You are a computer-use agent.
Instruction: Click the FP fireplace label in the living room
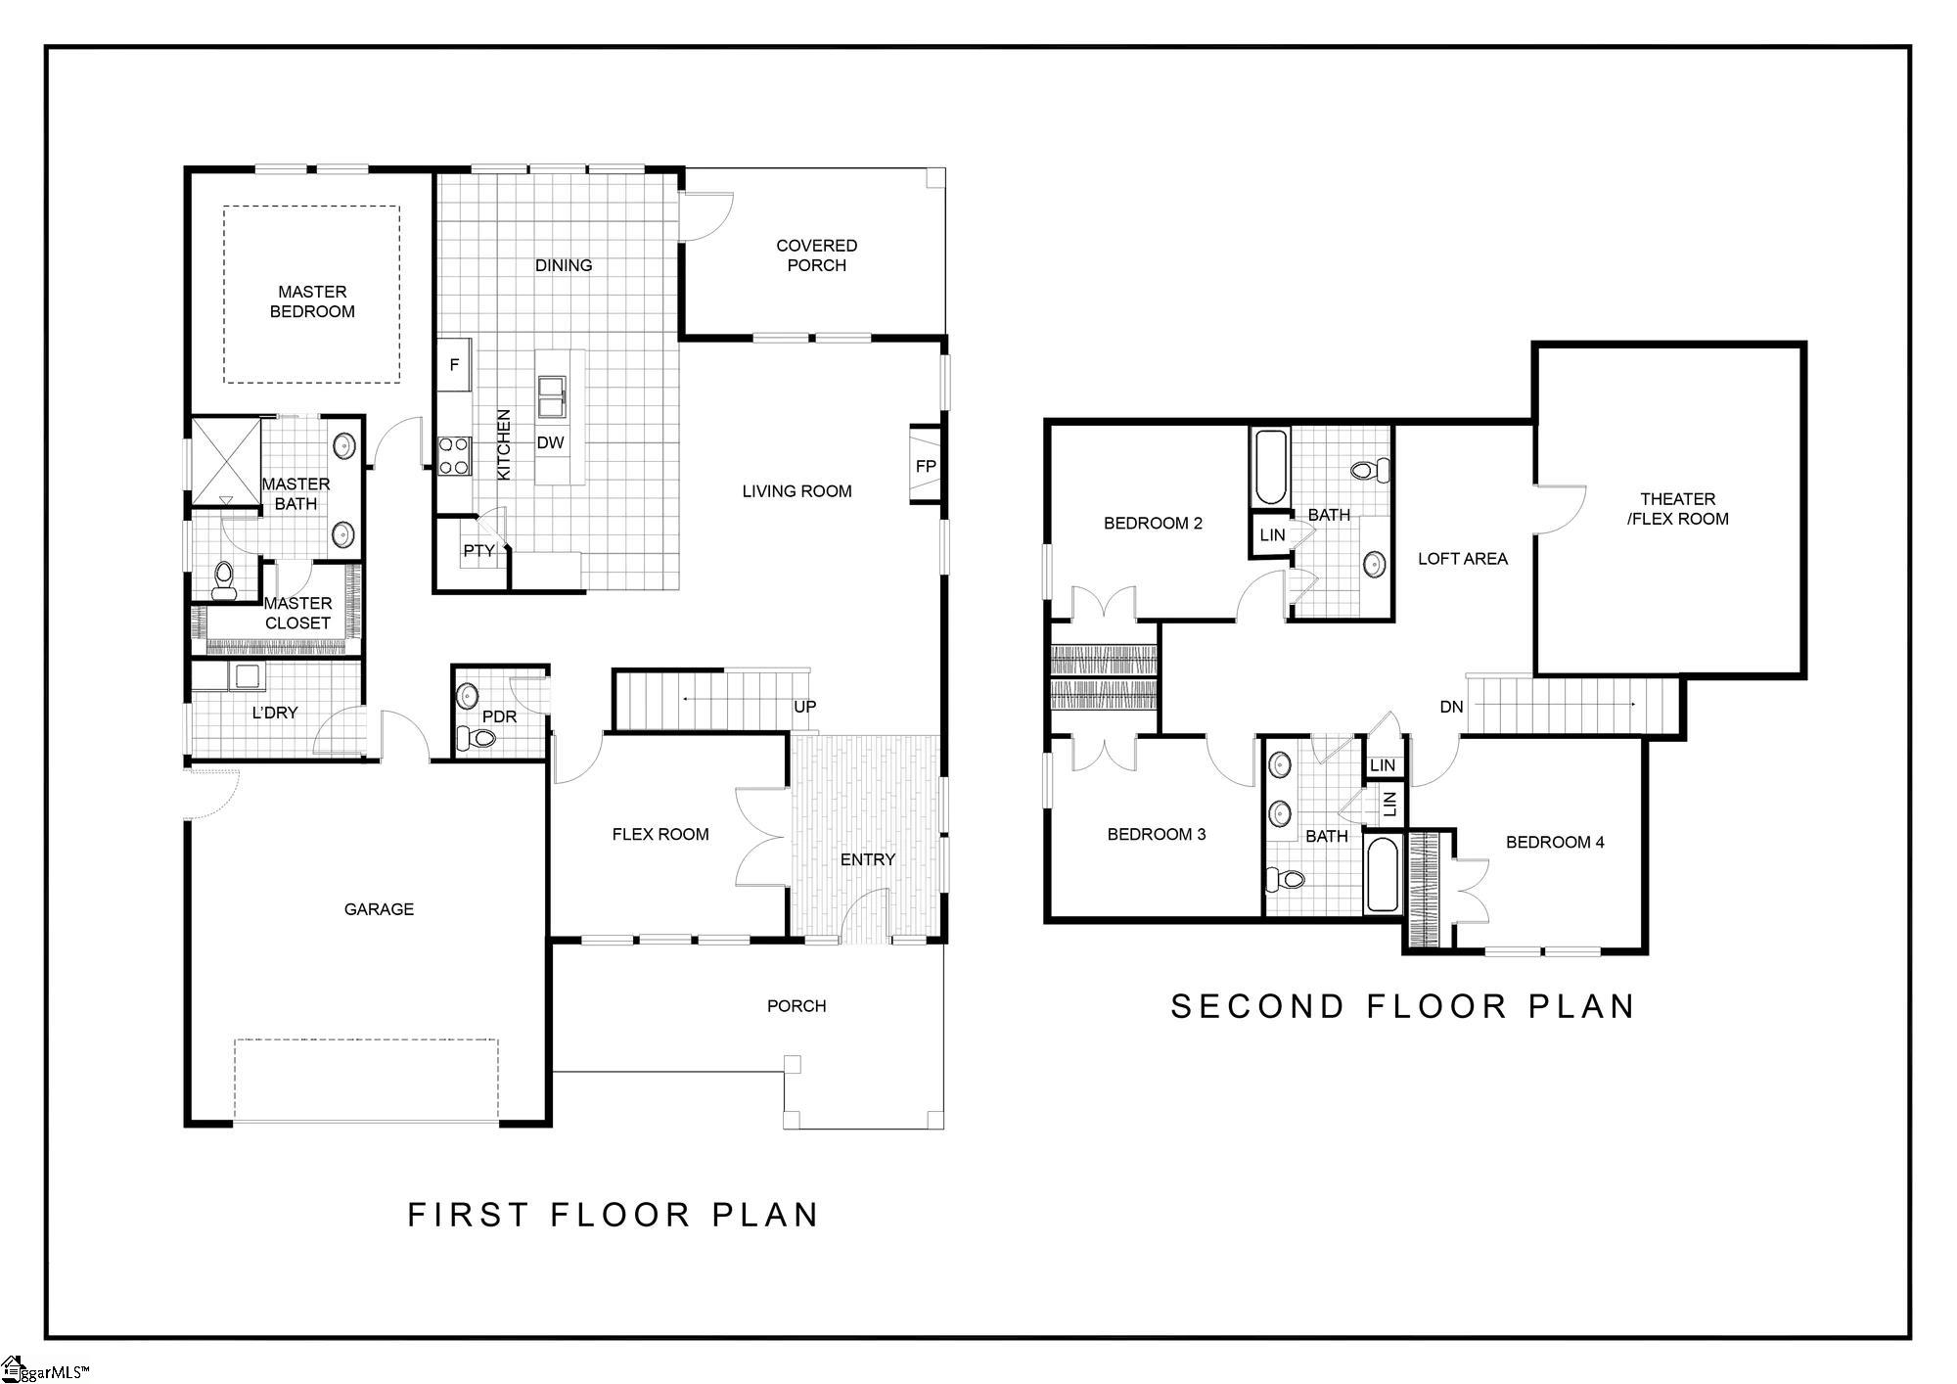(x=926, y=467)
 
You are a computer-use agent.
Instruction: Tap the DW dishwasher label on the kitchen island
(x=551, y=442)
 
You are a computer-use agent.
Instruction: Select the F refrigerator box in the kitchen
(x=454, y=365)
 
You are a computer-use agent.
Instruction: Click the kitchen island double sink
(x=552, y=397)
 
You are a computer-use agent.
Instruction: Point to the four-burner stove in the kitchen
(x=453, y=455)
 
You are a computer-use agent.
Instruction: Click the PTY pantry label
(x=478, y=551)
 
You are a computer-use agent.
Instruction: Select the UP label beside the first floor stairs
(x=805, y=707)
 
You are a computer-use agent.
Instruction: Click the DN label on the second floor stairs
(x=1452, y=707)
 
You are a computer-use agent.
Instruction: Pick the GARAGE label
(x=379, y=909)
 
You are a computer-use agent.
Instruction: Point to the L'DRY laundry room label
(x=275, y=713)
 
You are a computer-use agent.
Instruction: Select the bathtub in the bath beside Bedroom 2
(x=1270, y=468)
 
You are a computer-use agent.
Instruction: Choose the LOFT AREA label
(x=1463, y=559)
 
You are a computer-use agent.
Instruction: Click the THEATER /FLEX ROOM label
(x=1678, y=509)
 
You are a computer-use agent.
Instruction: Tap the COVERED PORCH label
(x=817, y=255)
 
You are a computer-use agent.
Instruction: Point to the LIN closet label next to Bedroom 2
(x=1272, y=535)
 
